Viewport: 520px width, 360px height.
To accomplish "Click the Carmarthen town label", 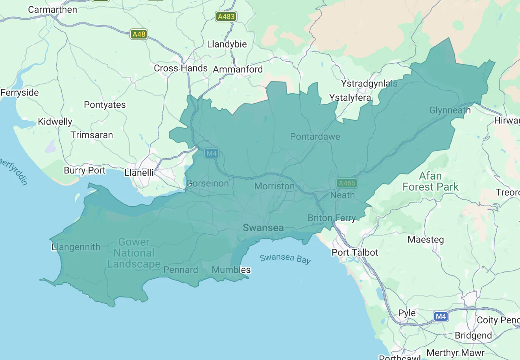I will [52, 10].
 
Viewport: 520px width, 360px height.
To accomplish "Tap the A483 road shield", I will [226, 17].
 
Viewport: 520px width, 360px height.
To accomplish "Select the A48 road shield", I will [138, 34].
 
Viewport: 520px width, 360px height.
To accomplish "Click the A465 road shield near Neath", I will [347, 183].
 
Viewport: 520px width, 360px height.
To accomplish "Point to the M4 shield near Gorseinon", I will [211, 153].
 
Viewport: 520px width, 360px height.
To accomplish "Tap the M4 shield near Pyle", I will [441, 316].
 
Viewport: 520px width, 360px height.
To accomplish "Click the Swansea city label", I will [263, 228].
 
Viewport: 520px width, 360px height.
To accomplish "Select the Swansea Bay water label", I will [285, 258].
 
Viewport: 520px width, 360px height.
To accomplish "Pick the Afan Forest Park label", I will [430, 181].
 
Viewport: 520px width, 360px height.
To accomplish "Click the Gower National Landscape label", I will [134, 253].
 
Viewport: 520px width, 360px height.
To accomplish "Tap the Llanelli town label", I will [139, 173].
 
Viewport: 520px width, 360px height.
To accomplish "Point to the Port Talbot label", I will [355, 252].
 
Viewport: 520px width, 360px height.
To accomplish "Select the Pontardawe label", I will [315, 137].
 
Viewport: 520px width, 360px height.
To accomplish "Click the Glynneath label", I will [450, 110].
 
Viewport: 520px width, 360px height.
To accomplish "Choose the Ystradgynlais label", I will [369, 84].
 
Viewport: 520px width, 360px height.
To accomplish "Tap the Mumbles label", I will [231, 270].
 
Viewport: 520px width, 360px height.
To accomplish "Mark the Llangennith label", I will [76, 247].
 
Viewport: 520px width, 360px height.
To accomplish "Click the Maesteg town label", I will [426, 239].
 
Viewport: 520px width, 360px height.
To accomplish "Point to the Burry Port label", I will [85, 171].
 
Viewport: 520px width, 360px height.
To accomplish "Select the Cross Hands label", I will [181, 68].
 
